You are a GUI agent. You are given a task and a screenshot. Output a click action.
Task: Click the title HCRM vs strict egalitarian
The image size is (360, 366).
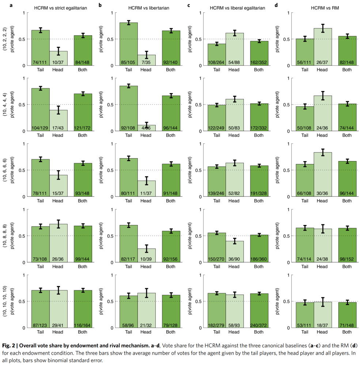pos(61,7)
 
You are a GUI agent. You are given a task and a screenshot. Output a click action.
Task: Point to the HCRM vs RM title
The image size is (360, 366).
pos(322,7)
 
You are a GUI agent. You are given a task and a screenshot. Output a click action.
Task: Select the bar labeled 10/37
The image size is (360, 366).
pos(58,58)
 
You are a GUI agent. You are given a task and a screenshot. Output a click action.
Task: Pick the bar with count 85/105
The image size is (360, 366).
pos(129,44)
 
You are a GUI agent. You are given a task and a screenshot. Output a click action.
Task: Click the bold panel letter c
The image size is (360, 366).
pos(188,5)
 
